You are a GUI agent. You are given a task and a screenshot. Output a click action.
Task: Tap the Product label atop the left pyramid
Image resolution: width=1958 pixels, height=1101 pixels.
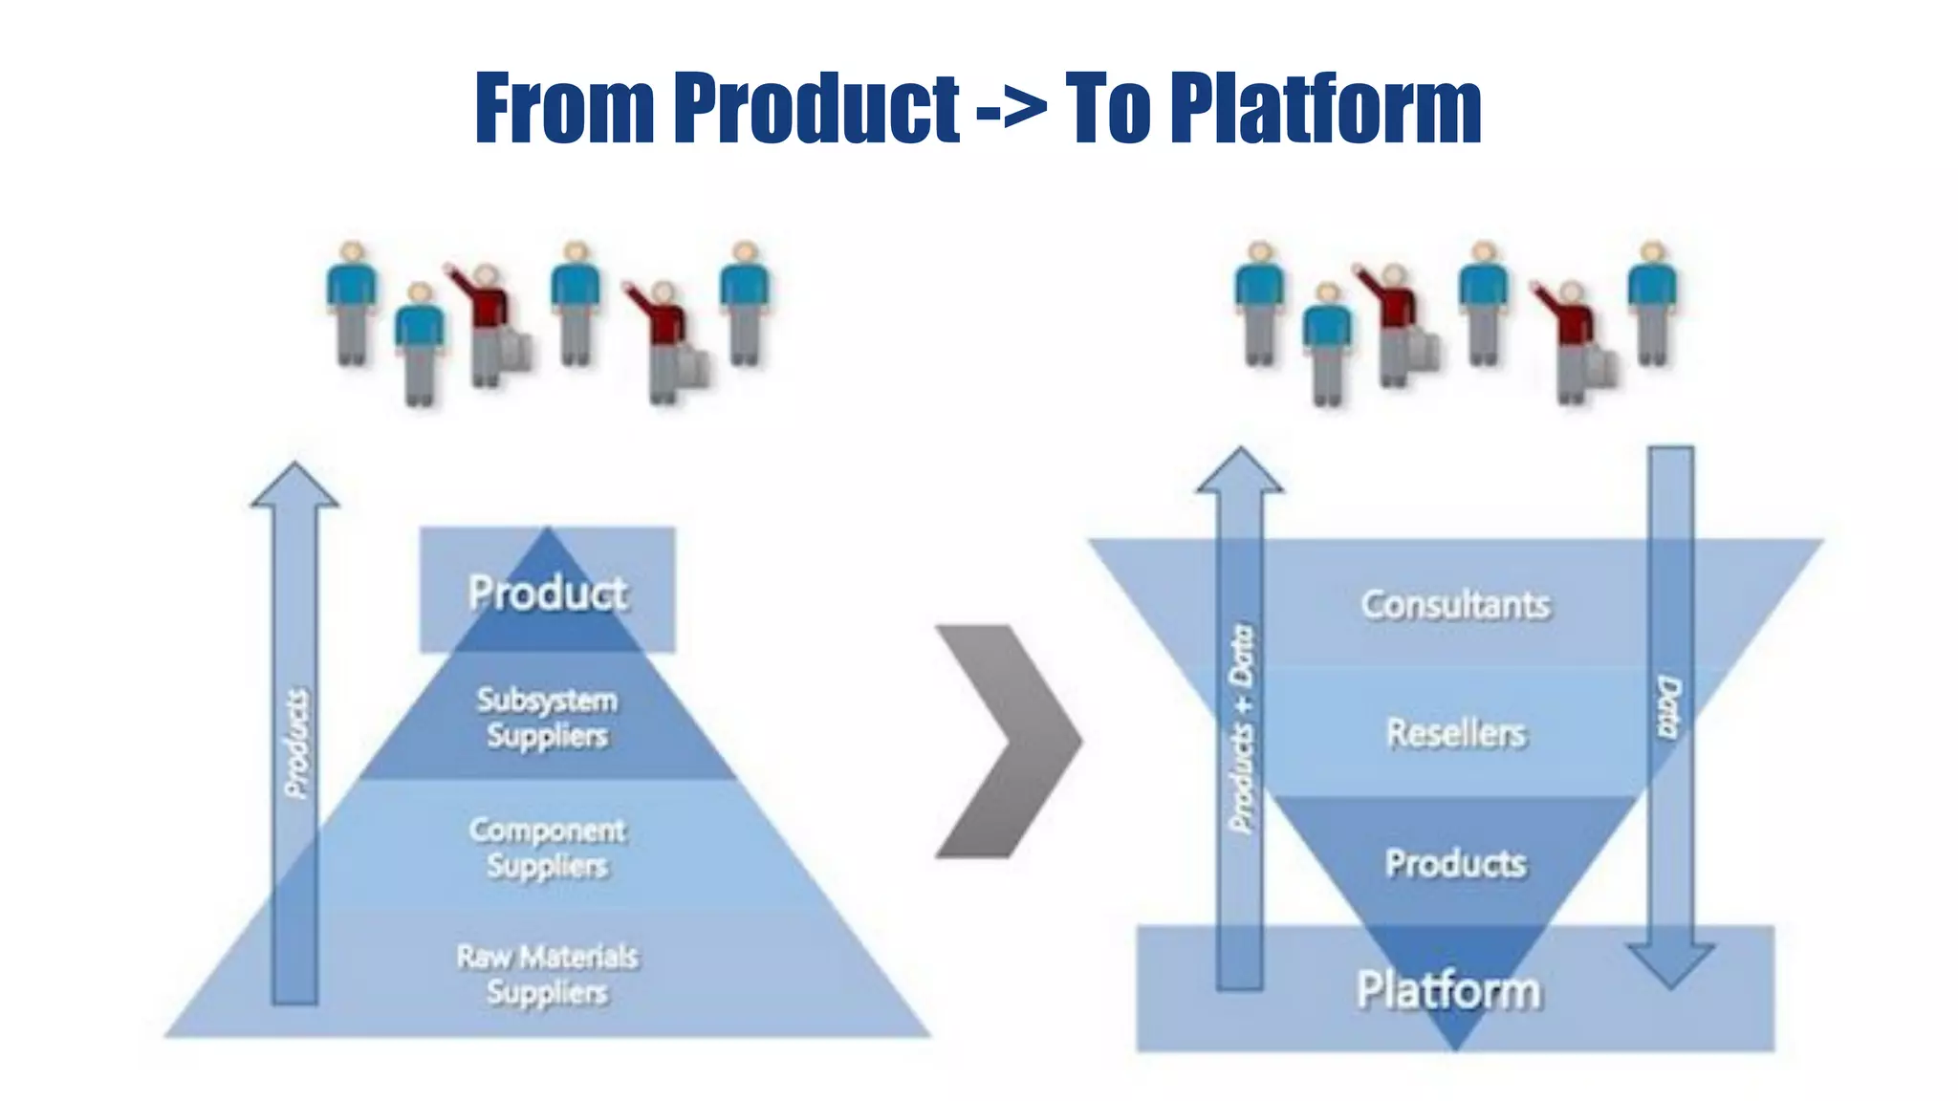pyautogui.click(x=548, y=592)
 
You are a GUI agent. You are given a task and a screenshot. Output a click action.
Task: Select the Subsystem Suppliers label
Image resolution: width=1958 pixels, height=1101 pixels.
pyautogui.click(x=548, y=717)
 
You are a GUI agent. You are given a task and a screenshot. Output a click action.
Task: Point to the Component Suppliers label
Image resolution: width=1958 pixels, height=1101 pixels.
pyautogui.click(x=548, y=847)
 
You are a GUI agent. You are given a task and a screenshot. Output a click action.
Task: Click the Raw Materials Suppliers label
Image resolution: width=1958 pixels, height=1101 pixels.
pyautogui.click(x=548, y=973)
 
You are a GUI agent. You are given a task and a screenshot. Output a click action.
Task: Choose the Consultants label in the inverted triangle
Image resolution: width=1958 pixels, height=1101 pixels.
pyautogui.click(x=1455, y=604)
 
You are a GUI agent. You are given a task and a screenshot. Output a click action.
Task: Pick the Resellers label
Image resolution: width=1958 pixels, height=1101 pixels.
pyautogui.click(x=1455, y=732)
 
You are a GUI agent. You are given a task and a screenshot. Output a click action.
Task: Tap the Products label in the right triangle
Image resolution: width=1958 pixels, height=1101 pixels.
pyautogui.click(x=1455, y=863)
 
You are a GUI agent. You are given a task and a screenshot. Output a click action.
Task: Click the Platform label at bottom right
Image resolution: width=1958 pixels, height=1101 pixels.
pyautogui.click(x=1448, y=989)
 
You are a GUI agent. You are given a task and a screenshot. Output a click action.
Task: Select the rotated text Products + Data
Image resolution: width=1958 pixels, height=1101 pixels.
pyautogui.click(x=1241, y=728)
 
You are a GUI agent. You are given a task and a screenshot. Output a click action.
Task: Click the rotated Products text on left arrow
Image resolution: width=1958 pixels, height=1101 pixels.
pyautogui.click(x=297, y=743)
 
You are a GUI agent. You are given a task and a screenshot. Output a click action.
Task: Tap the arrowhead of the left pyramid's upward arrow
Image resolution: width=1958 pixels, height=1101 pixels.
pyautogui.click(x=294, y=486)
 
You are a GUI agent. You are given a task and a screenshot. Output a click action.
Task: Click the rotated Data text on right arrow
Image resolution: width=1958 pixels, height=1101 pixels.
pyautogui.click(x=1668, y=707)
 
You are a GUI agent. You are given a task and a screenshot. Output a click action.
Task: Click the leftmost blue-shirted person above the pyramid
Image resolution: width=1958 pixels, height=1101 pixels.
pyautogui.click(x=352, y=301)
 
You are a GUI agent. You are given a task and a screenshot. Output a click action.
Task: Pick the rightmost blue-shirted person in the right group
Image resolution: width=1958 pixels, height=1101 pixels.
pyautogui.click(x=1652, y=301)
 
